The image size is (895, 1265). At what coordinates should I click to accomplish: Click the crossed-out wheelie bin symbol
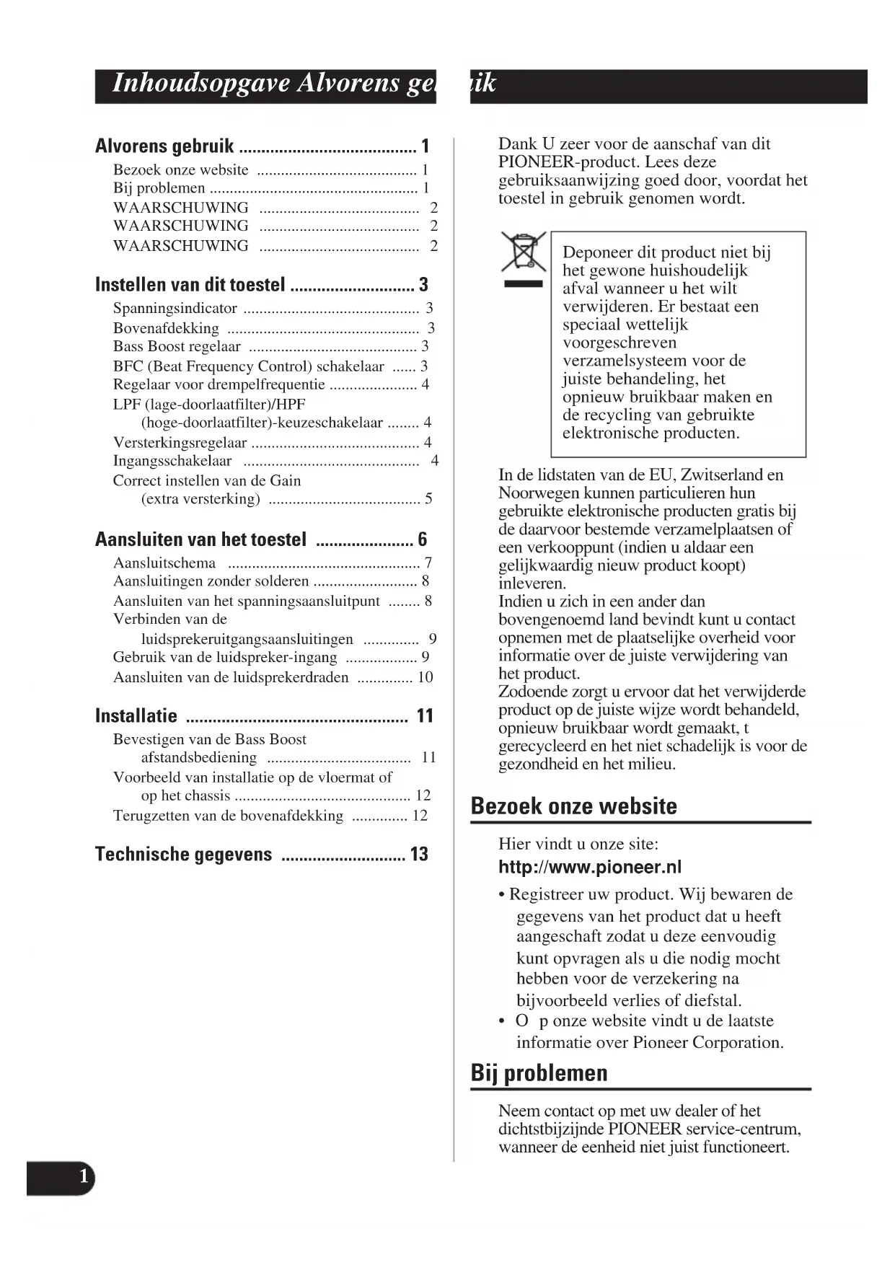[x=524, y=252]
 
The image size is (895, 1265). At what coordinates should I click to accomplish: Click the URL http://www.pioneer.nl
[x=589, y=867]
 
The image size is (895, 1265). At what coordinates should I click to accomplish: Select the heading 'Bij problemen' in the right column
[x=539, y=1072]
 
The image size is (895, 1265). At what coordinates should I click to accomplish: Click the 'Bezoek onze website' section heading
[x=573, y=806]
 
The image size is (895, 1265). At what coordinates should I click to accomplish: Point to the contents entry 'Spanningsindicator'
[x=175, y=308]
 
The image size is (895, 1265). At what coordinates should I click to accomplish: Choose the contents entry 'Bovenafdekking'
[x=166, y=328]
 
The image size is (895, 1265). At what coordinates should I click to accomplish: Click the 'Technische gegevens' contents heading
[x=183, y=855]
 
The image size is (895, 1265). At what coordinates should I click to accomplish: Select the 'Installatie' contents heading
[x=136, y=715]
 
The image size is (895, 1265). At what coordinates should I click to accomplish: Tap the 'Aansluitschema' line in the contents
[x=164, y=563]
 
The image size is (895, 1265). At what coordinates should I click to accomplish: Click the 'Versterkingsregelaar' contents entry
[x=180, y=442]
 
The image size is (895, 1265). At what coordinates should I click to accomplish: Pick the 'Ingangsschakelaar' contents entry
[x=172, y=461]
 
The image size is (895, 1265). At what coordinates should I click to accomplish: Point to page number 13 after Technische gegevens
[x=419, y=855]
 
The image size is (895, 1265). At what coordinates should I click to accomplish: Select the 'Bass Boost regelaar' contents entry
[x=177, y=346]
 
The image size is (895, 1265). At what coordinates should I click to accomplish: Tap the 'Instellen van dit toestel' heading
[x=190, y=284]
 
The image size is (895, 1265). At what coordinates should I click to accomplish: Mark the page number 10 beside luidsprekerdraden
[x=426, y=677]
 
